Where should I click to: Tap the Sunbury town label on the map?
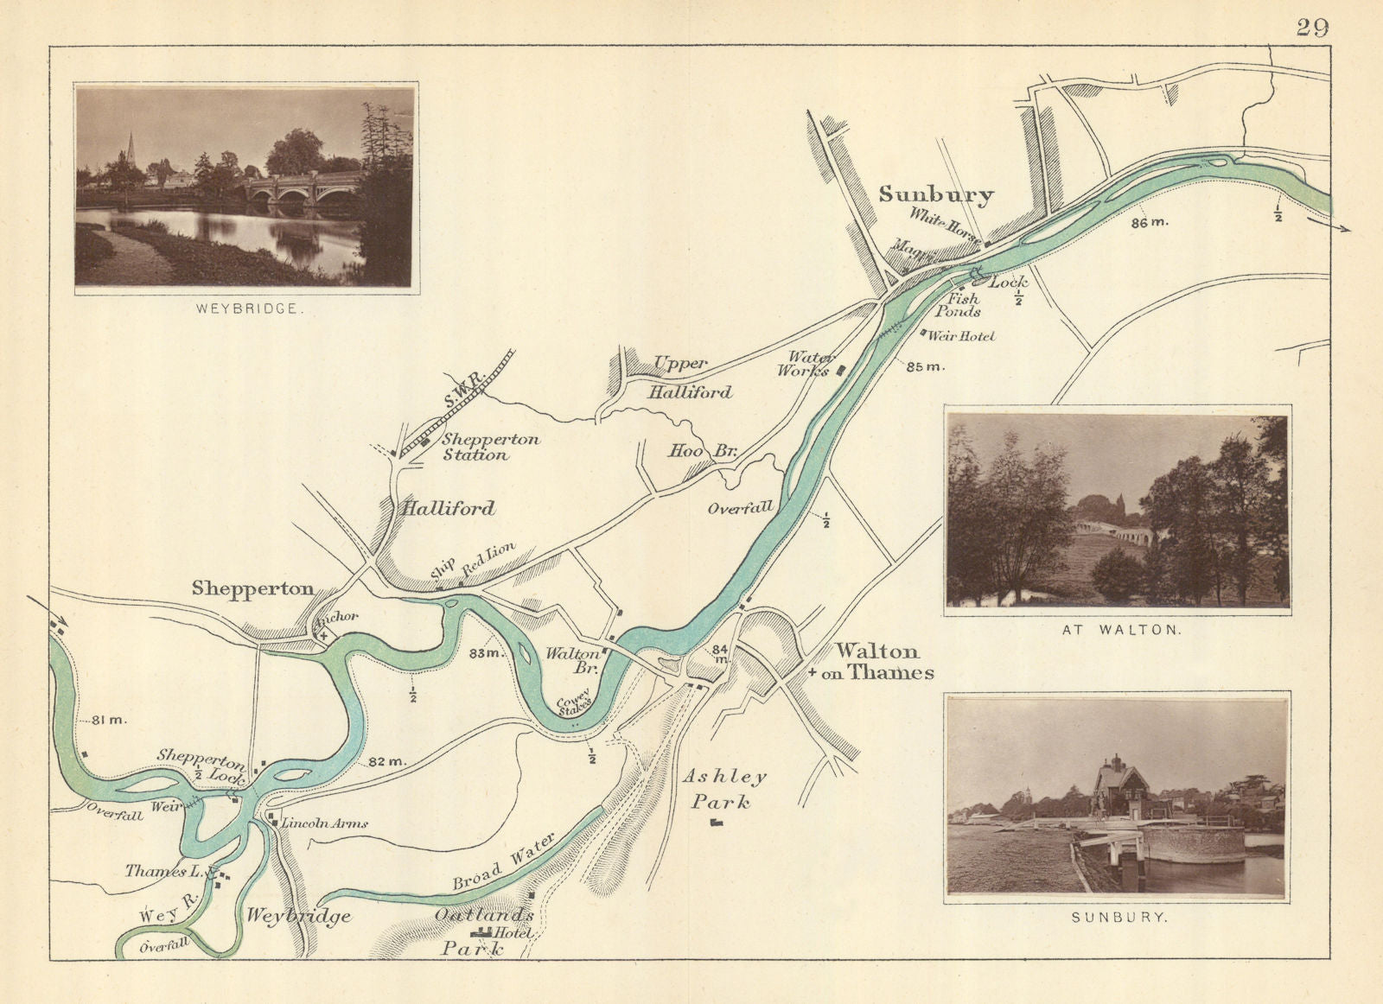click(936, 194)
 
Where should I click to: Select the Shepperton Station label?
click(490, 447)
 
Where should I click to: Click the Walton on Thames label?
click(876, 662)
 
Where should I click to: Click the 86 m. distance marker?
click(1149, 222)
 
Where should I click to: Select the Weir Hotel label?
click(961, 336)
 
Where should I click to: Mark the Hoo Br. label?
click(701, 450)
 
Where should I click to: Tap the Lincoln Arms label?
click(323, 823)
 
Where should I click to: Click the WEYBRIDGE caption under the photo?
click(246, 308)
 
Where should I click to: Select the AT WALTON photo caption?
click(1120, 630)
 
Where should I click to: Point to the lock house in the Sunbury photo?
click(1118, 787)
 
